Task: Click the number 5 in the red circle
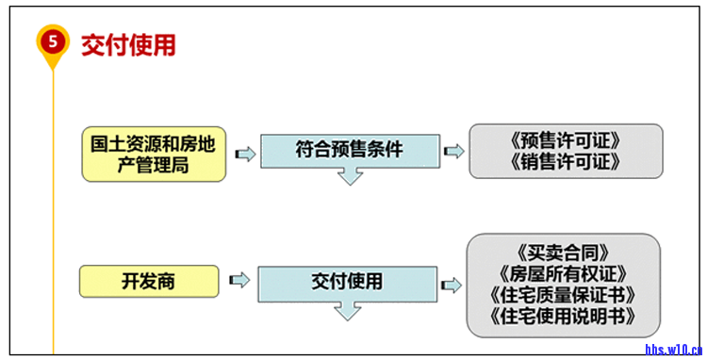[x=53, y=41]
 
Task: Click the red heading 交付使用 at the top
[x=127, y=45]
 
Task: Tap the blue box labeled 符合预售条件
[x=349, y=149]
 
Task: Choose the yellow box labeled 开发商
[x=148, y=281]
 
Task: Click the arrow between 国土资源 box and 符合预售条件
[x=244, y=154]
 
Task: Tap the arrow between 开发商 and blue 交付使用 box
[x=239, y=280]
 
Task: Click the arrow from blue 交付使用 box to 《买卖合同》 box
[x=452, y=285]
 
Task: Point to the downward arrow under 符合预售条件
[x=350, y=174]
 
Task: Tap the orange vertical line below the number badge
[x=54, y=207]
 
